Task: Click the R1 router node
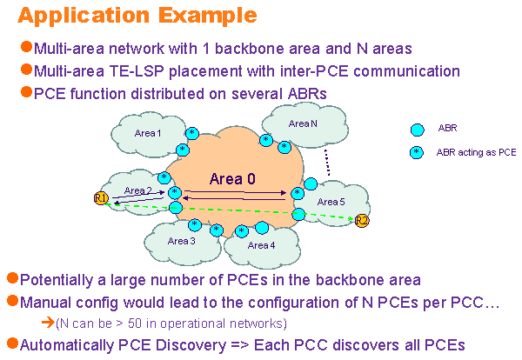coord(100,199)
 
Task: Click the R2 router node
coord(362,221)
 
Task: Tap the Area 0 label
coord(232,179)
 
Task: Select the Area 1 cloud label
coord(148,133)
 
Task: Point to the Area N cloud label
coord(303,123)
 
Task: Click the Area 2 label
coord(138,190)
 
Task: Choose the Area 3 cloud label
coord(182,241)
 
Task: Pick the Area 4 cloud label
coord(261,245)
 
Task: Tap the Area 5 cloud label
coord(331,202)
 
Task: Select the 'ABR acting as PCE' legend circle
coord(418,152)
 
